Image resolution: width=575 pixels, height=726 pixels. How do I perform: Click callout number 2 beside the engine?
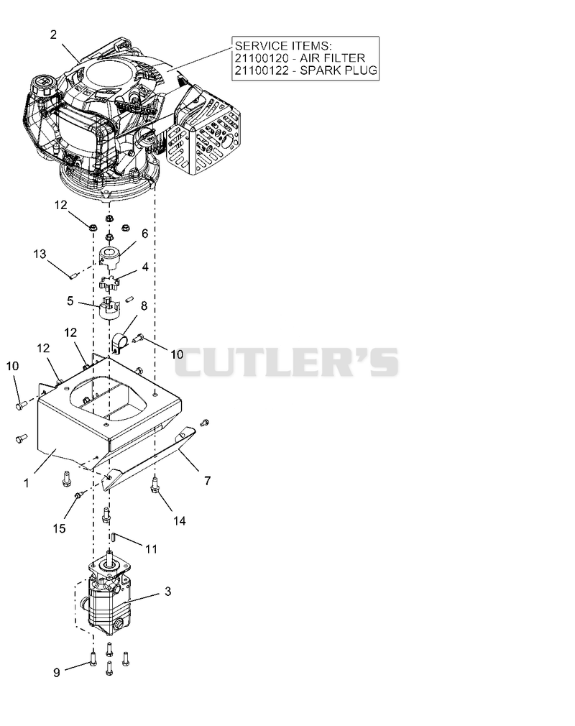[53, 35]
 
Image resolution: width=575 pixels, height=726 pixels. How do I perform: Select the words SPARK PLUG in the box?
[339, 70]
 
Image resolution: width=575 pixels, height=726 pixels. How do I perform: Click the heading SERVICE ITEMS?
[283, 45]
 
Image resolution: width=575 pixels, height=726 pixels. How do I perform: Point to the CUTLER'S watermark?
[287, 362]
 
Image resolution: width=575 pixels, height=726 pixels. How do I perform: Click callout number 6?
[145, 234]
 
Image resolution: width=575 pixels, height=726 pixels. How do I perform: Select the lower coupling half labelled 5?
[110, 308]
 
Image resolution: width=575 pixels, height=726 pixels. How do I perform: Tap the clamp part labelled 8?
[119, 341]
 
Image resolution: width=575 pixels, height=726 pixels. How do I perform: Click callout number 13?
[40, 254]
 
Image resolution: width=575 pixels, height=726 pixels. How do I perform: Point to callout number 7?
[208, 481]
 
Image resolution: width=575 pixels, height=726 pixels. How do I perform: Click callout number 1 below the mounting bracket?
[27, 483]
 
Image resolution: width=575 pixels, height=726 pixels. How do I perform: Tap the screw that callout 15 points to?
[78, 495]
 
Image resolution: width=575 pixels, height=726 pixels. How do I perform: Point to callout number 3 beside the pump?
[167, 592]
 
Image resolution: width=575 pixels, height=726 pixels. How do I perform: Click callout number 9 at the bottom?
[57, 672]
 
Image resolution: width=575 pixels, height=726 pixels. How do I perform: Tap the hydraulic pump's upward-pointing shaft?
[110, 558]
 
